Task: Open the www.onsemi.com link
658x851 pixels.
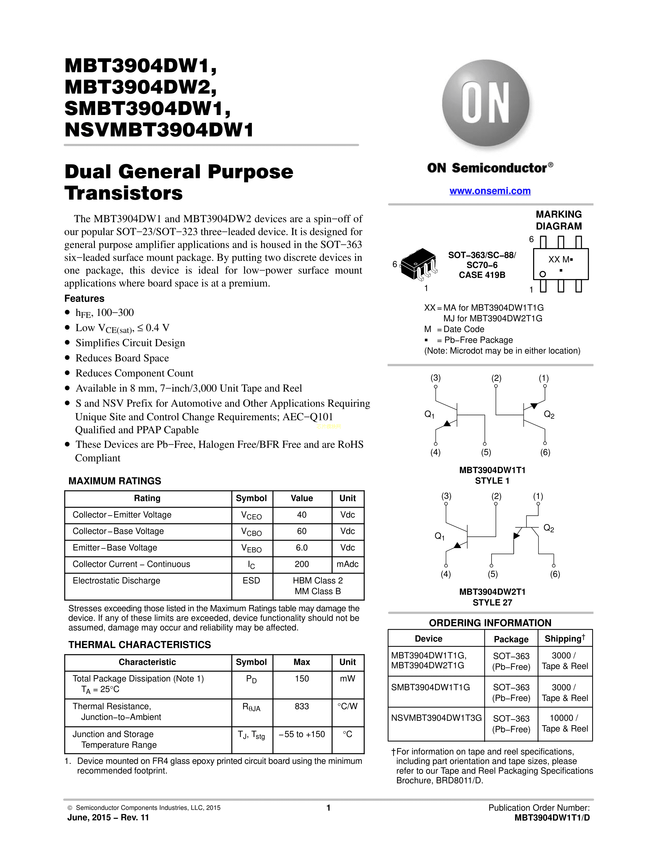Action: point(490,191)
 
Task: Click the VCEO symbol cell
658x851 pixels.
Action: point(251,515)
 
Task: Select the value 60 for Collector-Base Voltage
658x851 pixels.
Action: point(302,531)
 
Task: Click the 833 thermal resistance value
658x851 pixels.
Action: point(302,706)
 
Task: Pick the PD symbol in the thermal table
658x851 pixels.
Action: point(251,679)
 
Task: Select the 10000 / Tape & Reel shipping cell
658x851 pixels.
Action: point(565,723)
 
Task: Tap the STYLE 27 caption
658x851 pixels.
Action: point(492,602)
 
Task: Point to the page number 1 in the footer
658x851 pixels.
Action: point(328,807)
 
